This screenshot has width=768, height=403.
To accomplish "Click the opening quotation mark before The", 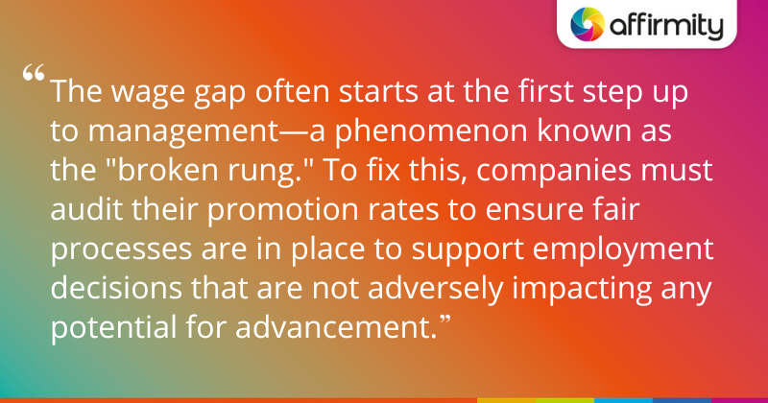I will point(35,76).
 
